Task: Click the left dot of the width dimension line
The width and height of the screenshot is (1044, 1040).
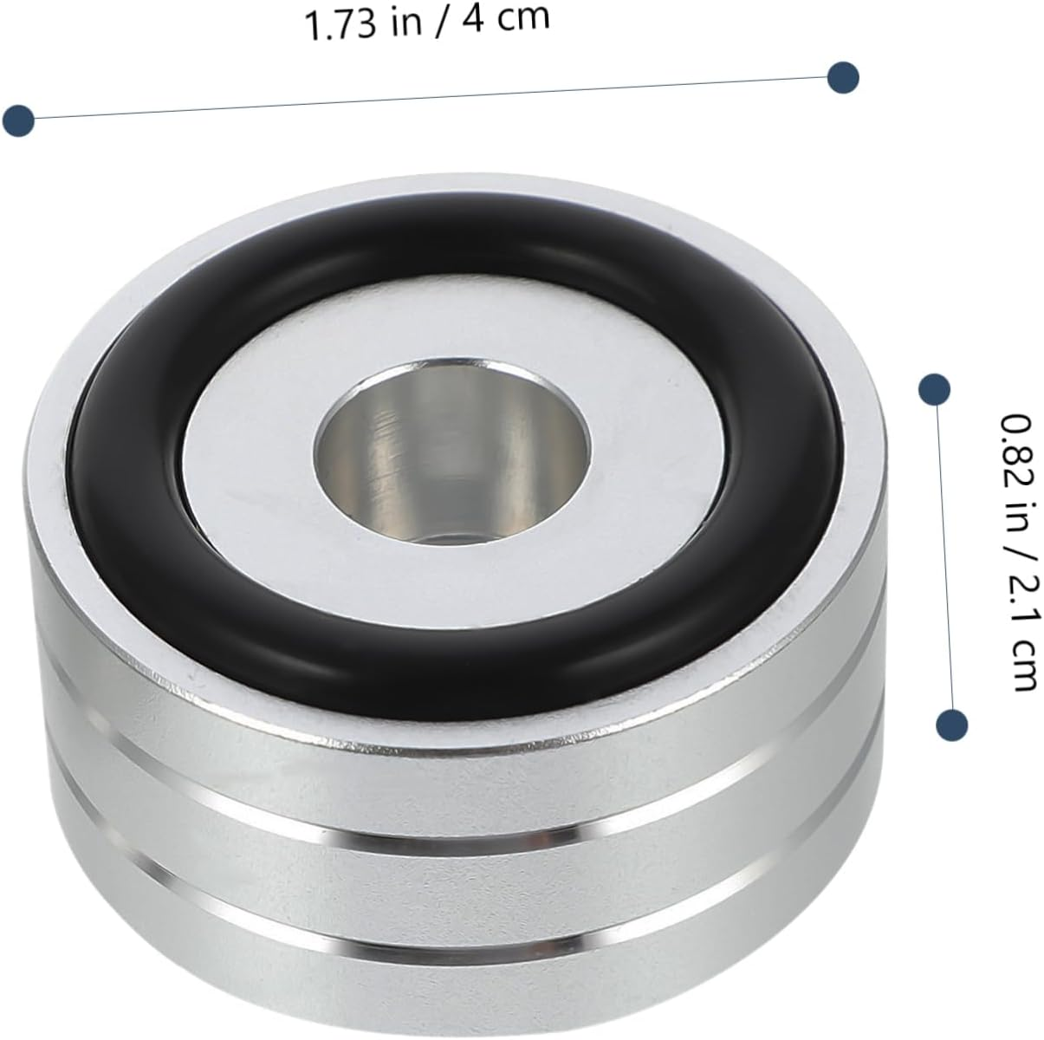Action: tap(18, 120)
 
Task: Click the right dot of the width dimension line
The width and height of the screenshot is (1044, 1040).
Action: tap(843, 77)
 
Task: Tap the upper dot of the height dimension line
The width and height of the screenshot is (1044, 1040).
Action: tap(935, 389)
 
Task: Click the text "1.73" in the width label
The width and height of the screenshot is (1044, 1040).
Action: tap(340, 25)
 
